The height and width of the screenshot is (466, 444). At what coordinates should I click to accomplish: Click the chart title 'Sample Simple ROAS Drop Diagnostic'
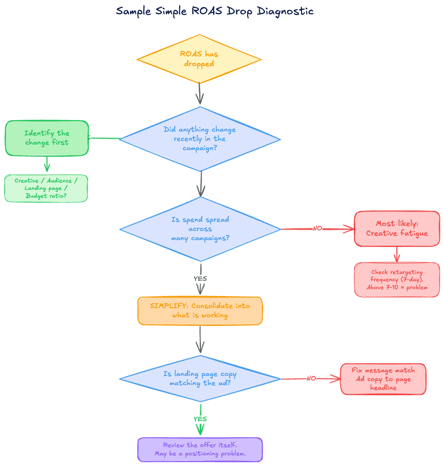pyautogui.click(x=215, y=11)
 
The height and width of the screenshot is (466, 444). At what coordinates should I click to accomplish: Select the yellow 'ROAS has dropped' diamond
pyautogui.click(x=199, y=59)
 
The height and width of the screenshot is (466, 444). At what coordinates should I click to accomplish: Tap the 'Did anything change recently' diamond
pyautogui.click(x=200, y=139)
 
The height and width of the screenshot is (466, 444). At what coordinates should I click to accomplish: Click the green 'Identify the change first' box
pyautogui.click(x=47, y=138)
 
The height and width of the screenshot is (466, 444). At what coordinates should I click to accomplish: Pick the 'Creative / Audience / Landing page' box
pyautogui.click(x=46, y=188)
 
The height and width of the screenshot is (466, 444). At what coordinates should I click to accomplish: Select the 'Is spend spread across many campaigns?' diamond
pyautogui.click(x=200, y=229)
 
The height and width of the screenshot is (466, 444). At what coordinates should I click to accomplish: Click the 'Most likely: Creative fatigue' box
pyautogui.click(x=397, y=229)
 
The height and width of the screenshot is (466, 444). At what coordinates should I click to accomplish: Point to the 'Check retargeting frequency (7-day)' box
pyautogui.click(x=397, y=279)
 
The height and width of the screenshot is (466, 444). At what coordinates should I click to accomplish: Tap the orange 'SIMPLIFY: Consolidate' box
pyautogui.click(x=200, y=310)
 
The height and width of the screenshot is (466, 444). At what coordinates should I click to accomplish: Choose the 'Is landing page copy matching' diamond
pyautogui.click(x=200, y=379)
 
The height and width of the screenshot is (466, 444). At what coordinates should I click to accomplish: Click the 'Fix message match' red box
pyautogui.click(x=383, y=379)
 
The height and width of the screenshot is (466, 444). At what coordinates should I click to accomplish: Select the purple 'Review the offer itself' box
pyautogui.click(x=200, y=449)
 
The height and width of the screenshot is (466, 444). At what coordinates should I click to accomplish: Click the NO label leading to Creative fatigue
pyautogui.click(x=317, y=228)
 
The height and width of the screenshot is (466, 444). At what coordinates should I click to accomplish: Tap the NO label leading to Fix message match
pyautogui.click(x=311, y=379)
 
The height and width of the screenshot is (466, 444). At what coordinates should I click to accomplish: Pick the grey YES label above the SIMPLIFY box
pyautogui.click(x=200, y=278)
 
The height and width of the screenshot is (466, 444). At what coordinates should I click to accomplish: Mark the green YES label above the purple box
pyautogui.click(x=200, y=419)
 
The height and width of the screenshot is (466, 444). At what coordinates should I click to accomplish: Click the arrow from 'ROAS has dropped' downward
pyautogui.click(x=199, y=94)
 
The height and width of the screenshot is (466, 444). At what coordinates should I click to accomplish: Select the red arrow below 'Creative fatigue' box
pyautogui.click(x=397, y=254)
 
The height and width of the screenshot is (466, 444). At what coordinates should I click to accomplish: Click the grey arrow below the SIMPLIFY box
pyautogui.click(x=200, y=340)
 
